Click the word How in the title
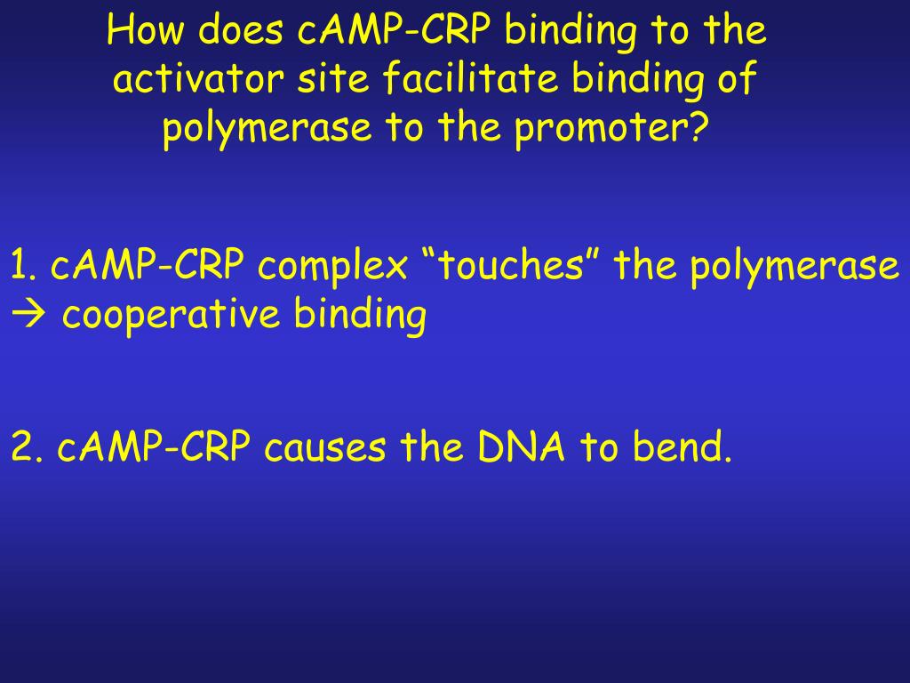[x=146, y=31]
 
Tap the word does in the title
[x=234, y=31]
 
